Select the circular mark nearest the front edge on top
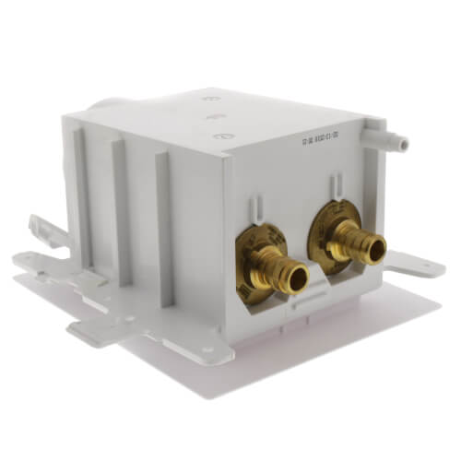pyautogui.click(x=220, y=136)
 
